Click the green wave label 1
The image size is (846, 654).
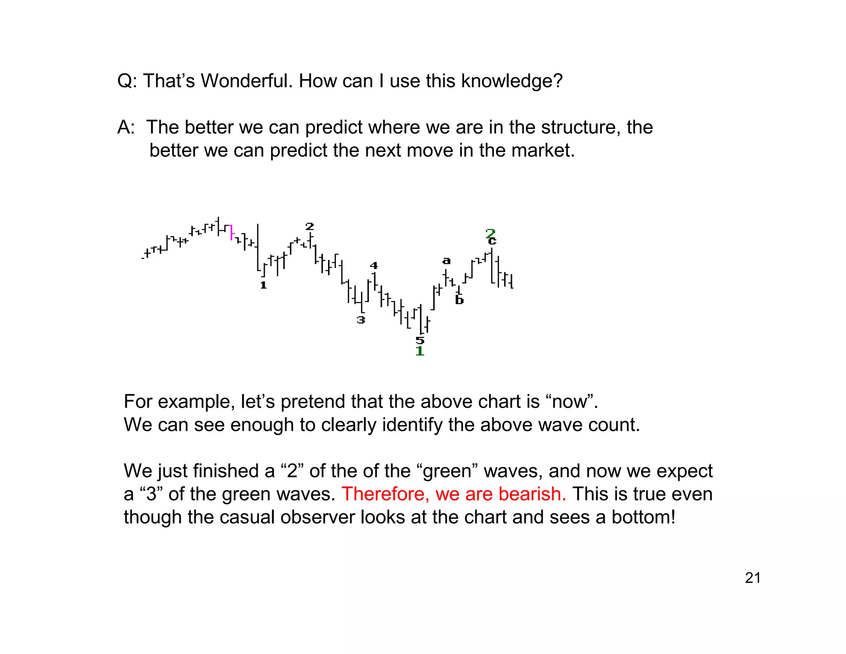click(x=420, y=351)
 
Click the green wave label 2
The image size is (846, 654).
click(x=490, y=233)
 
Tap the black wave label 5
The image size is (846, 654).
click(x=420, y=340)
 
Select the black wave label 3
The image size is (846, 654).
click(x=361, y=320)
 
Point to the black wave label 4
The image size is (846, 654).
click(x=374, y=265)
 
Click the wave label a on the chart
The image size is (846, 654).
click(x=446, y=261)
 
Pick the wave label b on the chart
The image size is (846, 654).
click(x=459, y=300)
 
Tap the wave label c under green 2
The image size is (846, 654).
click(x=492, y=241)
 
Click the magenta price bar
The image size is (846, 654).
click(x=231, y=232)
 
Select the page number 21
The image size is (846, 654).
click(x=753, y=578)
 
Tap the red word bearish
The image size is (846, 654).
click(x=532, y=494)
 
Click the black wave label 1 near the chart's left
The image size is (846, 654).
click(x=264, y=285)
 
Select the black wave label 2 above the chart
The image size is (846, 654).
click(x=310, y=227)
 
